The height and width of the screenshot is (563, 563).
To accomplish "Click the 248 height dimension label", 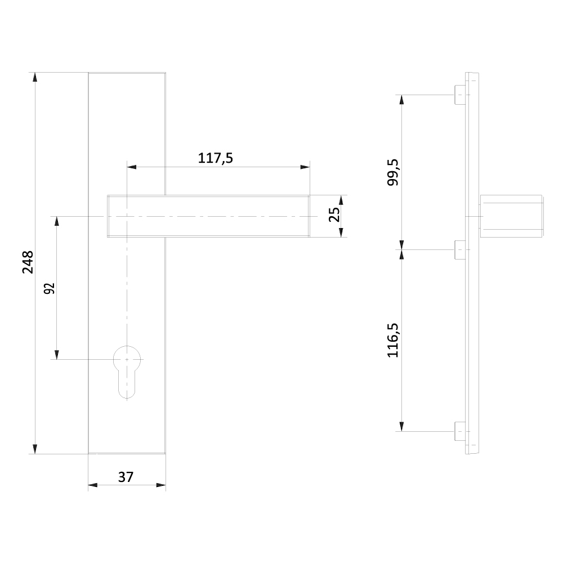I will click(28, 262).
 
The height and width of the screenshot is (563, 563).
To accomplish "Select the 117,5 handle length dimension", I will click(215, 158).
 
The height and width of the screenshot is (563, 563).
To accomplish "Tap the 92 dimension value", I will click(50, 288).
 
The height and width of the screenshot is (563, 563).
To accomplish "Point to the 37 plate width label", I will click(126, 477).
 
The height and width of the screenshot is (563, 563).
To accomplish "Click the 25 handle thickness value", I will click(334, 215).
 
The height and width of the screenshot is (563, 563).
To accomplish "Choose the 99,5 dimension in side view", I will click(393, 172).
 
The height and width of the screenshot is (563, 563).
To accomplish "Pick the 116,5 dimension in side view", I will click(393, 340).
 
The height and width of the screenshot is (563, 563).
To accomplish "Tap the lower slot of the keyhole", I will click(127, 386).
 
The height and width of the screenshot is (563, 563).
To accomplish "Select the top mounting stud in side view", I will click(461, 95).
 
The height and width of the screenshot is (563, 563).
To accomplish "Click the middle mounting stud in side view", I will click(461, 249).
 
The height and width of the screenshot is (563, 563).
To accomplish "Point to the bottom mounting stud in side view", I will click(461, 431).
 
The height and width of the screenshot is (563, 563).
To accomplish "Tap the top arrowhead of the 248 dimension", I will click(35, 77).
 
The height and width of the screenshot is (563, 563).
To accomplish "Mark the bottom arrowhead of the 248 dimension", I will click(35, 449).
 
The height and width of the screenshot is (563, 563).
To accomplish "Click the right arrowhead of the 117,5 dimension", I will click(305, 167).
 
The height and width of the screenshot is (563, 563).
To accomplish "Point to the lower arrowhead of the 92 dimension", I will click(56, 354).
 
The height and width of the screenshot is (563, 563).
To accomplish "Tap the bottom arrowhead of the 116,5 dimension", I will click(401, 426).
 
